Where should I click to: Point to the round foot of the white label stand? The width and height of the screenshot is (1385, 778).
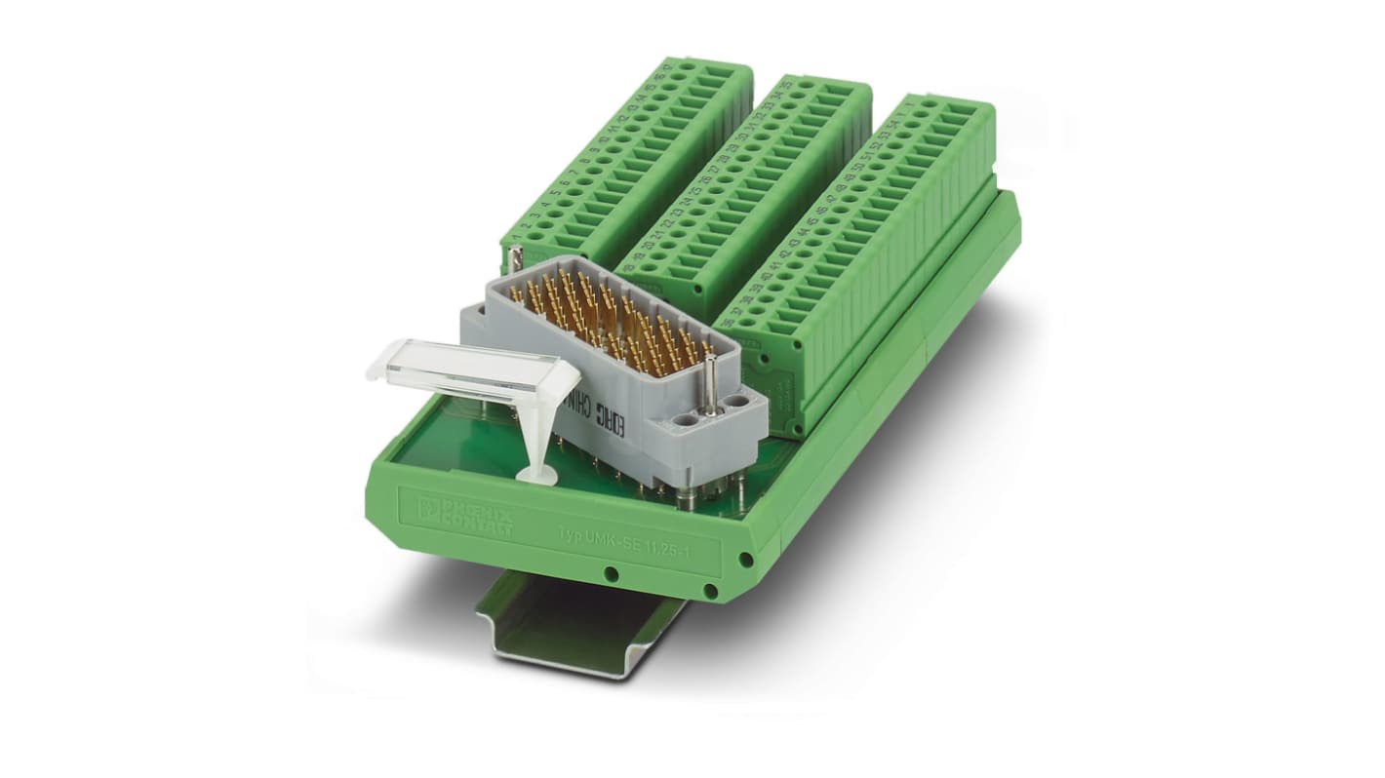535,475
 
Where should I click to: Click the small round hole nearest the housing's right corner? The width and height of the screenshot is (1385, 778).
745,561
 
